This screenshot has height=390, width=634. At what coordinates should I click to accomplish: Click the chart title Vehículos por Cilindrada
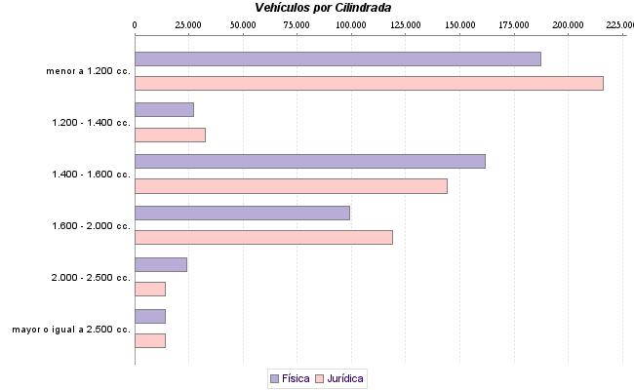[322, 7]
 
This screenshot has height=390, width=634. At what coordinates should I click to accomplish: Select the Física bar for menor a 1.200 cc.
[337, 58]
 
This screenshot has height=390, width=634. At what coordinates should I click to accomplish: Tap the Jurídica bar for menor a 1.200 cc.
[369, 83]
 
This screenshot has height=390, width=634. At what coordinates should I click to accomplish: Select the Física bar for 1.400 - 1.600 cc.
[309, 161]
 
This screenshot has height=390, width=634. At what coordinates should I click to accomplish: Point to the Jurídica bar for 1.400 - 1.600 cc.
[291, 186]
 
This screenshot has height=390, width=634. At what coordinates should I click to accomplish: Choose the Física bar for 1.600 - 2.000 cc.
[242, 213]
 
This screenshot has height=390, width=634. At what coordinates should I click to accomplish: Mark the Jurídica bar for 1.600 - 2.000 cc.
[263, 237]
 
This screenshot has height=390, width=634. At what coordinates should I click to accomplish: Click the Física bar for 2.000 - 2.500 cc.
[160, 264]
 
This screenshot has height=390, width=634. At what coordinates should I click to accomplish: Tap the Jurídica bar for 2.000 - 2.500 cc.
[150, 289]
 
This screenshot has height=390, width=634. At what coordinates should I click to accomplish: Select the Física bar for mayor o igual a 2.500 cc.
[150, 316]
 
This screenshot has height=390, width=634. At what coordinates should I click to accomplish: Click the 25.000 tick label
[188, 22]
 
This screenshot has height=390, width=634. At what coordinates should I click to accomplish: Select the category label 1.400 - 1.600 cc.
[91, 175]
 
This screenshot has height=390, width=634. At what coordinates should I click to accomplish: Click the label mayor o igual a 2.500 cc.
[71, 330]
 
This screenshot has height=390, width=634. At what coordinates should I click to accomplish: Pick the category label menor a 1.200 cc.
[88, 71]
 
